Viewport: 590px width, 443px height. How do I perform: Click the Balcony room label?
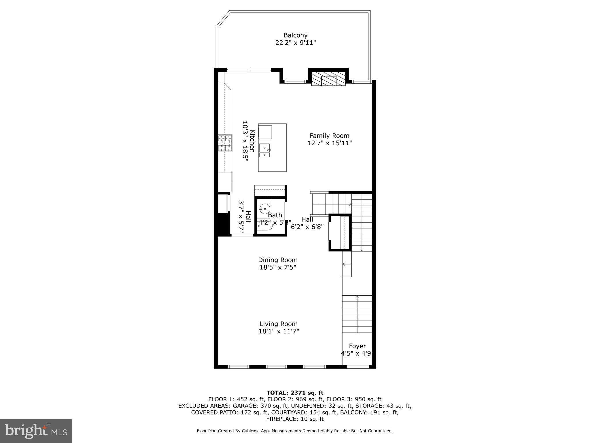tap(295, 35)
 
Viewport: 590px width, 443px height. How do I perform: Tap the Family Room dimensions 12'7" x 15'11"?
tap(330, 143)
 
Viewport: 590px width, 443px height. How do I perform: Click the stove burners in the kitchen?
tap(225, 143)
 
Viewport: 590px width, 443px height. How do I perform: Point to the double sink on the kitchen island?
tap(264, 151)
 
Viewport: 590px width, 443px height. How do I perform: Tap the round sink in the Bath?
tap(264, 208)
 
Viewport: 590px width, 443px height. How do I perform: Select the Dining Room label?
tap(278, 260)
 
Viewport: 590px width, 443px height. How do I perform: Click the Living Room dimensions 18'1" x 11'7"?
tap(279, 331)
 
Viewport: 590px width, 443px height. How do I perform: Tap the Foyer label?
tap(357, 346)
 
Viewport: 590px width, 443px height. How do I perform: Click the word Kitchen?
tap(252, 141)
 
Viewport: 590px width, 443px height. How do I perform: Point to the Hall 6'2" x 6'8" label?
tap(307, 223)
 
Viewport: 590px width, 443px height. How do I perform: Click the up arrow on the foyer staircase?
tap(357, 297)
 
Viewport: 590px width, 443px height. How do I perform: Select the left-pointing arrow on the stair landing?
tap(344, 264)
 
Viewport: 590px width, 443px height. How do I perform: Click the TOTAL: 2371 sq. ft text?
tap(295, 393)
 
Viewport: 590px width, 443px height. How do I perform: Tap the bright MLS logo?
tap(36, 431)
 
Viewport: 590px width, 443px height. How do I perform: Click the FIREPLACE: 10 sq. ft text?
tap(295, 419)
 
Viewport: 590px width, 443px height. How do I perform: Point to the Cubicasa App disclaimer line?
tap(295, 431)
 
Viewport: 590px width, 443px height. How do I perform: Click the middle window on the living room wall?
tap(276, 367)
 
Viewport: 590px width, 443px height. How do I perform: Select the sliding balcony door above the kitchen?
tap(249, 70)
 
